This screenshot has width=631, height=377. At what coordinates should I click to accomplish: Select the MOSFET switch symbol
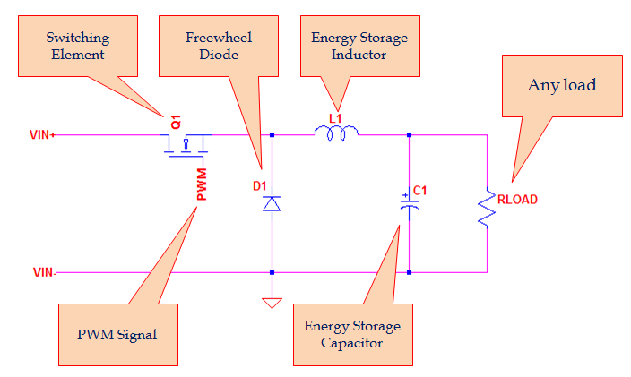click(x=185, y=143)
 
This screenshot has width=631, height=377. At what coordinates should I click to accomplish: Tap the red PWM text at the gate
click(x=202, y=184)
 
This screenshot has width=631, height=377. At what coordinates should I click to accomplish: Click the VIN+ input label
click(x=43, y=136)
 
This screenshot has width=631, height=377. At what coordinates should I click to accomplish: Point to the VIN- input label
click(x=43, y=272)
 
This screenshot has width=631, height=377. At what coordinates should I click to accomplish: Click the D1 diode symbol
click(x=272, y=204)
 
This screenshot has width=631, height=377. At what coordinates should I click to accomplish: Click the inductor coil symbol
click(x=336, y=133)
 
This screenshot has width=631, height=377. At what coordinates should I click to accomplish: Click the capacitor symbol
click(x=409, y=205)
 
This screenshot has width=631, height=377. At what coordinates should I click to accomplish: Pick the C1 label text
click(x=420, y=191)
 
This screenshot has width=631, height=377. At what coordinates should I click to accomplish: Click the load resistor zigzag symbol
click(x=487, y=207)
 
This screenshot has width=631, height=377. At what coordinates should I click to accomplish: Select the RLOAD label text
click(x=517, y=200)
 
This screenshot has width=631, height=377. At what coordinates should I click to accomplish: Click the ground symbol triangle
click(x=272, y=303)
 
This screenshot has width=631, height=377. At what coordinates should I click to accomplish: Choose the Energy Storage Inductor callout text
click(x=359, y=47)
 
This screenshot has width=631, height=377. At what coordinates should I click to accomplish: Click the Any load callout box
click(x=562, y=86)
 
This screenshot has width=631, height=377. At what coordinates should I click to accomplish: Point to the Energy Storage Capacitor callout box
click(x=351, y=334)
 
